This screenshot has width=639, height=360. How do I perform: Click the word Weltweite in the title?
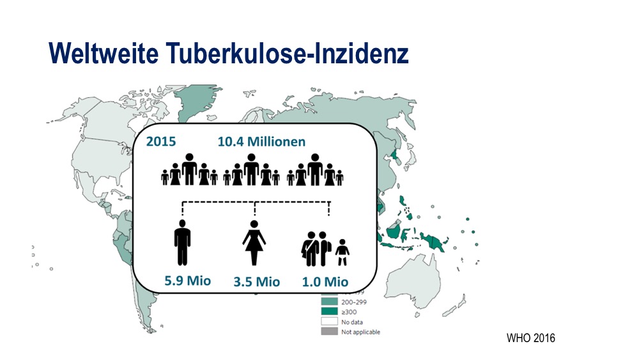104,53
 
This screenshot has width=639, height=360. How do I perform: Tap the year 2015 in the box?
161,141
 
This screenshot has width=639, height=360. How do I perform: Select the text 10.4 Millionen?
261,141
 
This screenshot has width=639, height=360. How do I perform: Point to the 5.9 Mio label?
187,281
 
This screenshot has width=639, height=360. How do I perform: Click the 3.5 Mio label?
257,282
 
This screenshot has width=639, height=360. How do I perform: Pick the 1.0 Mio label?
325,282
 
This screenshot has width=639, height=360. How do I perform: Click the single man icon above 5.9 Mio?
182,243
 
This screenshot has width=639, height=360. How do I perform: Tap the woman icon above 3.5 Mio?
254,243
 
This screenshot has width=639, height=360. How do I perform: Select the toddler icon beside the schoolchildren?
343,253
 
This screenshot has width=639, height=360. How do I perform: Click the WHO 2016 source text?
530,338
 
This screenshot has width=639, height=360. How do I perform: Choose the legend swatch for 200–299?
329,302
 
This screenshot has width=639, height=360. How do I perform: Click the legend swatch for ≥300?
329,311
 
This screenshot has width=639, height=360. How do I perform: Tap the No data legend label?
351,322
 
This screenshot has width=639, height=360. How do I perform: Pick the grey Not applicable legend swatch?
329,331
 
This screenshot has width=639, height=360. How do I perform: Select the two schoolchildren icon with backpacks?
316,249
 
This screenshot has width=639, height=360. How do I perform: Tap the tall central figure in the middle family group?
251,169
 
